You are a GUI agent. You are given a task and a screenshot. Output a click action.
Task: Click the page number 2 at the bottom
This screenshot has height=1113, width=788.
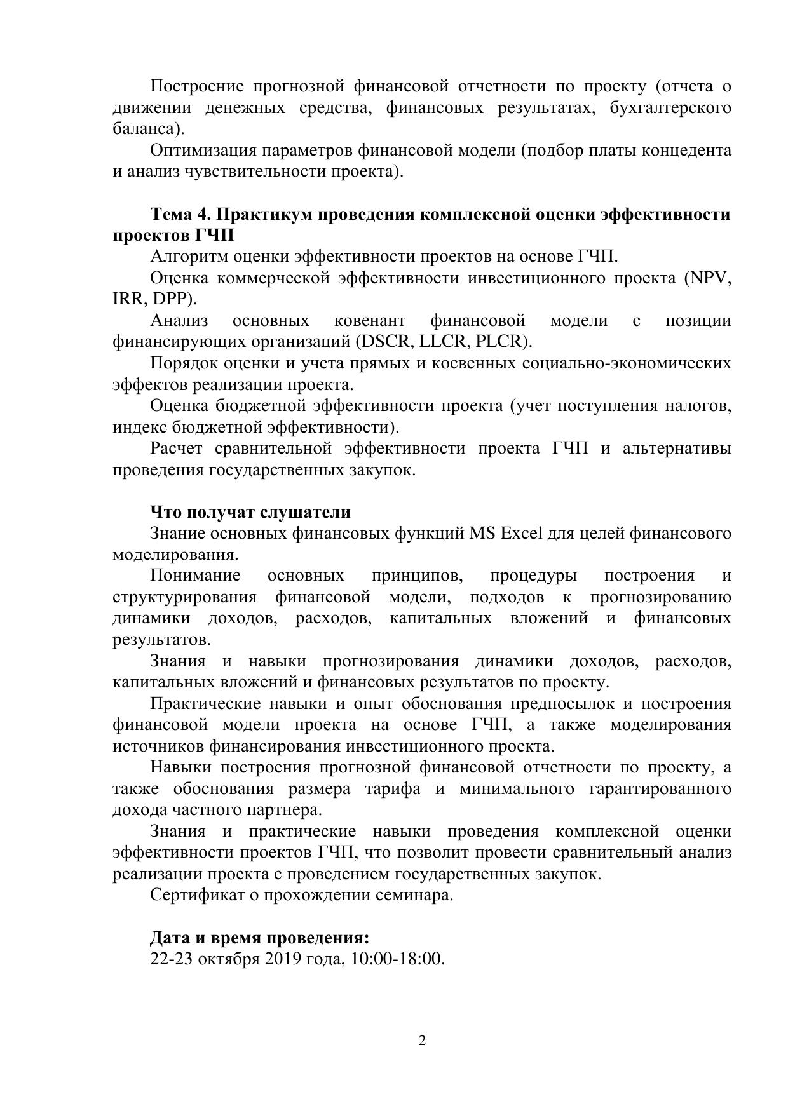(x=422, y=1041)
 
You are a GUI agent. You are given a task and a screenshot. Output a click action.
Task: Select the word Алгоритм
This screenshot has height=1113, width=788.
(x=188, y=257)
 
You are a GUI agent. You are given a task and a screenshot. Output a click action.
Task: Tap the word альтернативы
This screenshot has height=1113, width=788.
(x=677, y=449)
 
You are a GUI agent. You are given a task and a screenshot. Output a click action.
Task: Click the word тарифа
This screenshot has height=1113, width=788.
(x=393, y=788)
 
